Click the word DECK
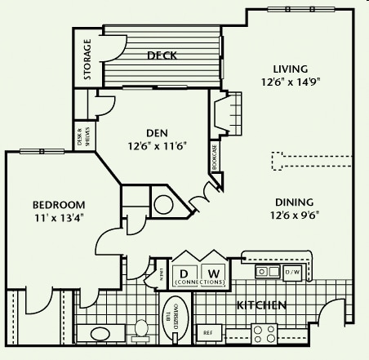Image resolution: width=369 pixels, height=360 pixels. [162, 56]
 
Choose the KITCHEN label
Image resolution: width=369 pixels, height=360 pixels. [260, 305]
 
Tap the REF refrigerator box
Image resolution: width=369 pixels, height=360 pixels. [208, 333]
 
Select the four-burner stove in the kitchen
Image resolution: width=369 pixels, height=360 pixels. [264, 333]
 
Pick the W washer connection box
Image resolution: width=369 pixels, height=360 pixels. [213, 273]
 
